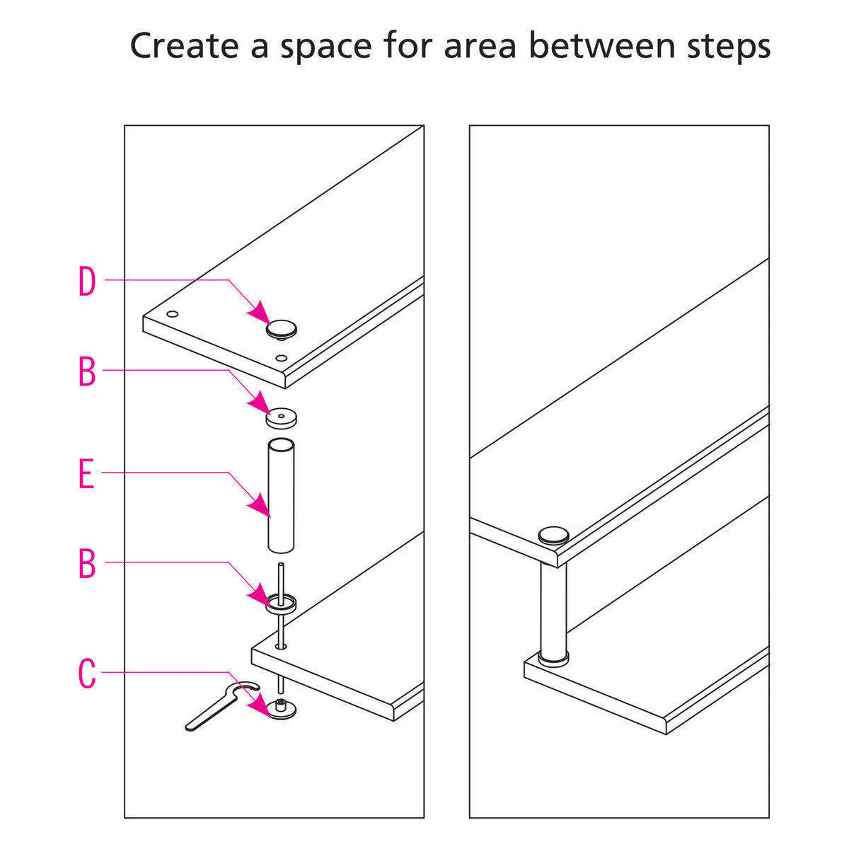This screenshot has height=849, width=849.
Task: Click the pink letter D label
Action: click(x=86, y=282)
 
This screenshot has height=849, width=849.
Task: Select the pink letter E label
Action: click(x=86, y=474)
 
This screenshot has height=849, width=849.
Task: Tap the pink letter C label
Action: click(x=86, y=674)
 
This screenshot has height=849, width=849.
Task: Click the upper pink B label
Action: click(x=86, y=371)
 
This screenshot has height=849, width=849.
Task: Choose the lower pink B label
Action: click(x=86, y=564)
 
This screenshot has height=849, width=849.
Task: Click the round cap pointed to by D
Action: click(x=282, y=328)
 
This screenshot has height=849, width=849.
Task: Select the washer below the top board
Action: click(x=282, y=418)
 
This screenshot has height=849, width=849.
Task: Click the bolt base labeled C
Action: click(x=282, y=709)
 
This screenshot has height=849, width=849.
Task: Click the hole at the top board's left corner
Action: click(x=172, y=314)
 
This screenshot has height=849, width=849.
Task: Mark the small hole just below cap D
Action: click(x=282, y=358)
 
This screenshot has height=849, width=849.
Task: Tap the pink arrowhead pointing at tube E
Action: click(x=260, y=505)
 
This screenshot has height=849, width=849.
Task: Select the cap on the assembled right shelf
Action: click(x=553, y=535)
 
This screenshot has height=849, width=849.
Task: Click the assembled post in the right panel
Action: click(x=553, y=608)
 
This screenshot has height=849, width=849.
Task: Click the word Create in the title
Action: click(x=185, y=47)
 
